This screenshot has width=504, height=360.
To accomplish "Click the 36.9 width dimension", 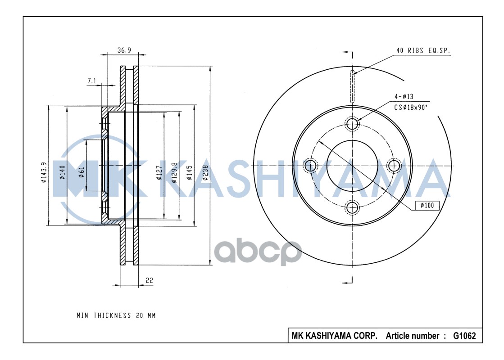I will [x=124, y=50].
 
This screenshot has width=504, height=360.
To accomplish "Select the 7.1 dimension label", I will [x=92, y=81].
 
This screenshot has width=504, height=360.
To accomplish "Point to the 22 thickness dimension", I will [x=150, y=280].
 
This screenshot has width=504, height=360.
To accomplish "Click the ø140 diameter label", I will [x=62, y=172].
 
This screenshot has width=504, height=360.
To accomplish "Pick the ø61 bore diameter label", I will [x=82, y=172].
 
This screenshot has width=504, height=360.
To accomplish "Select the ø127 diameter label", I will [x=159, y=172].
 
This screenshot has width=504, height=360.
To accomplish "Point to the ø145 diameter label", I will [x=190, y=172].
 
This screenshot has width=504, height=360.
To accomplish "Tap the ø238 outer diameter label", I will [x=205, y=172].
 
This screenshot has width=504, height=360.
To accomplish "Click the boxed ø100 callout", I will [x=427, y=206].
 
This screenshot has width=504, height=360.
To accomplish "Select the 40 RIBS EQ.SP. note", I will [x=422, y=51].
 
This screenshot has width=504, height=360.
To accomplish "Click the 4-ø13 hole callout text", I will [x=404, y=97].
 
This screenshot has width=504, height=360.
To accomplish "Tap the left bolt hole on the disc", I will [x=310, y=166].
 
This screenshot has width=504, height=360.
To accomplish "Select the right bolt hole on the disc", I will [x=394, y=166].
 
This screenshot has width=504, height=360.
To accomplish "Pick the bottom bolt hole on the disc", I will [x=352, y=207].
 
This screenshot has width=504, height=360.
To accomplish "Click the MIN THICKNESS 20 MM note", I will [x=116, y=315].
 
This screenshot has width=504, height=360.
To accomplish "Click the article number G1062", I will [x=464, y=336].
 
